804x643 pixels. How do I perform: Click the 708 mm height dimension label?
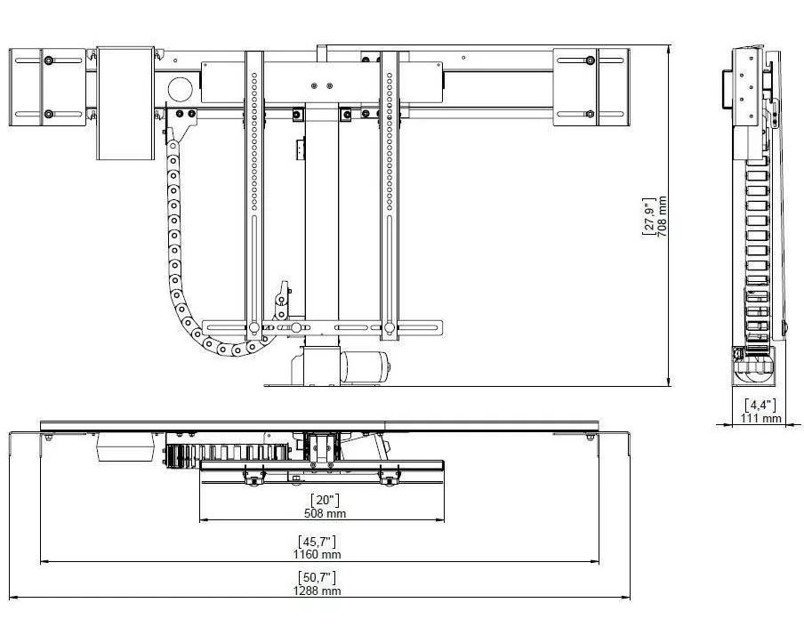point(662,216)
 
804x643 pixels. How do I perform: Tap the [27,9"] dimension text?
point(649,216)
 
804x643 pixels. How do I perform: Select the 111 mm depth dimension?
point(760,418)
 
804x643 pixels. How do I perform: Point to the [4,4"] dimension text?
point(760,405)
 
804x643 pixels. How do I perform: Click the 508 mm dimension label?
point(326,513)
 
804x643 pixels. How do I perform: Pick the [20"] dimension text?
point(326,500)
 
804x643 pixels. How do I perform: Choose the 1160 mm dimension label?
point(317,554)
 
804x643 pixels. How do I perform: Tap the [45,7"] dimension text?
point(317,541)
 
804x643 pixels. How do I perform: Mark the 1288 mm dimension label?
point(317,591)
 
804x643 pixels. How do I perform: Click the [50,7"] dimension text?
point(317,577)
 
